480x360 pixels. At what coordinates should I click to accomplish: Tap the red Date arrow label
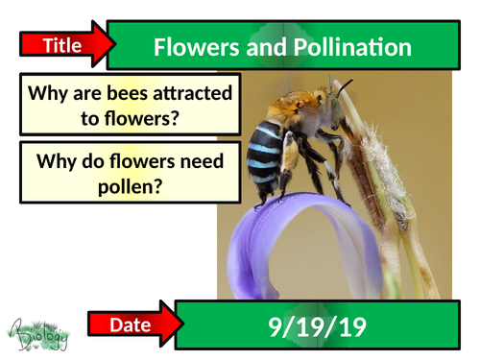tap(131, 325)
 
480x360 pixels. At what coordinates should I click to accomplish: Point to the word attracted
tap(191, 95)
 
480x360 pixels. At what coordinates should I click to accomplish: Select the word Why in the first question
tap(47, 95)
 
